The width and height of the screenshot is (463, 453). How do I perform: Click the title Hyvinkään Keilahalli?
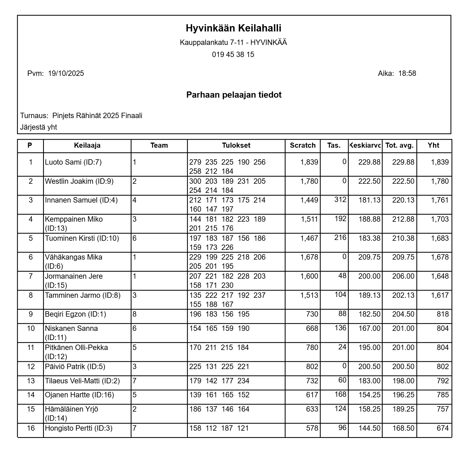coord(233,28)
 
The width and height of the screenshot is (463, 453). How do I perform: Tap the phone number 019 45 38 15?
coord(233,55)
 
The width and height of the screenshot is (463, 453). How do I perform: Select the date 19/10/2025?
coord(66,73)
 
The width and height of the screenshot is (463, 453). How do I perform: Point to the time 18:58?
coord(407,73)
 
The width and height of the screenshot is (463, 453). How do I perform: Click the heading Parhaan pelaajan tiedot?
coord(234,95)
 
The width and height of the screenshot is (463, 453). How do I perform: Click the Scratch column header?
coord(303,146)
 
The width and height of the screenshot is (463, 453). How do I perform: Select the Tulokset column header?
coord(236,146)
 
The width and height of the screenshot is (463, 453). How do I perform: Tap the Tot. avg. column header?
coord(399,146)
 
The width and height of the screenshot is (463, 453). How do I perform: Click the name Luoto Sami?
coord(64,162)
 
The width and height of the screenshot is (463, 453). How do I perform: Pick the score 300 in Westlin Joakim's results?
coord(195,181)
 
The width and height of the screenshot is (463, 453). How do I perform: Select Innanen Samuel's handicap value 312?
coord(340,200)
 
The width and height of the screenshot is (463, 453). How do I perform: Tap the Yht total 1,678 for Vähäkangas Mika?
coord(440,257)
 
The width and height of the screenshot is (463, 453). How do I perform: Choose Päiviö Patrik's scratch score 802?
coord(312,367)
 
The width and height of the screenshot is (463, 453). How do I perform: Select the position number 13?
coord(31,381)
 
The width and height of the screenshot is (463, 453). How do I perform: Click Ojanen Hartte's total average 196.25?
coord(403,395)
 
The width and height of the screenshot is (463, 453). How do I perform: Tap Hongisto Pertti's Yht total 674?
coord(443,428)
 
